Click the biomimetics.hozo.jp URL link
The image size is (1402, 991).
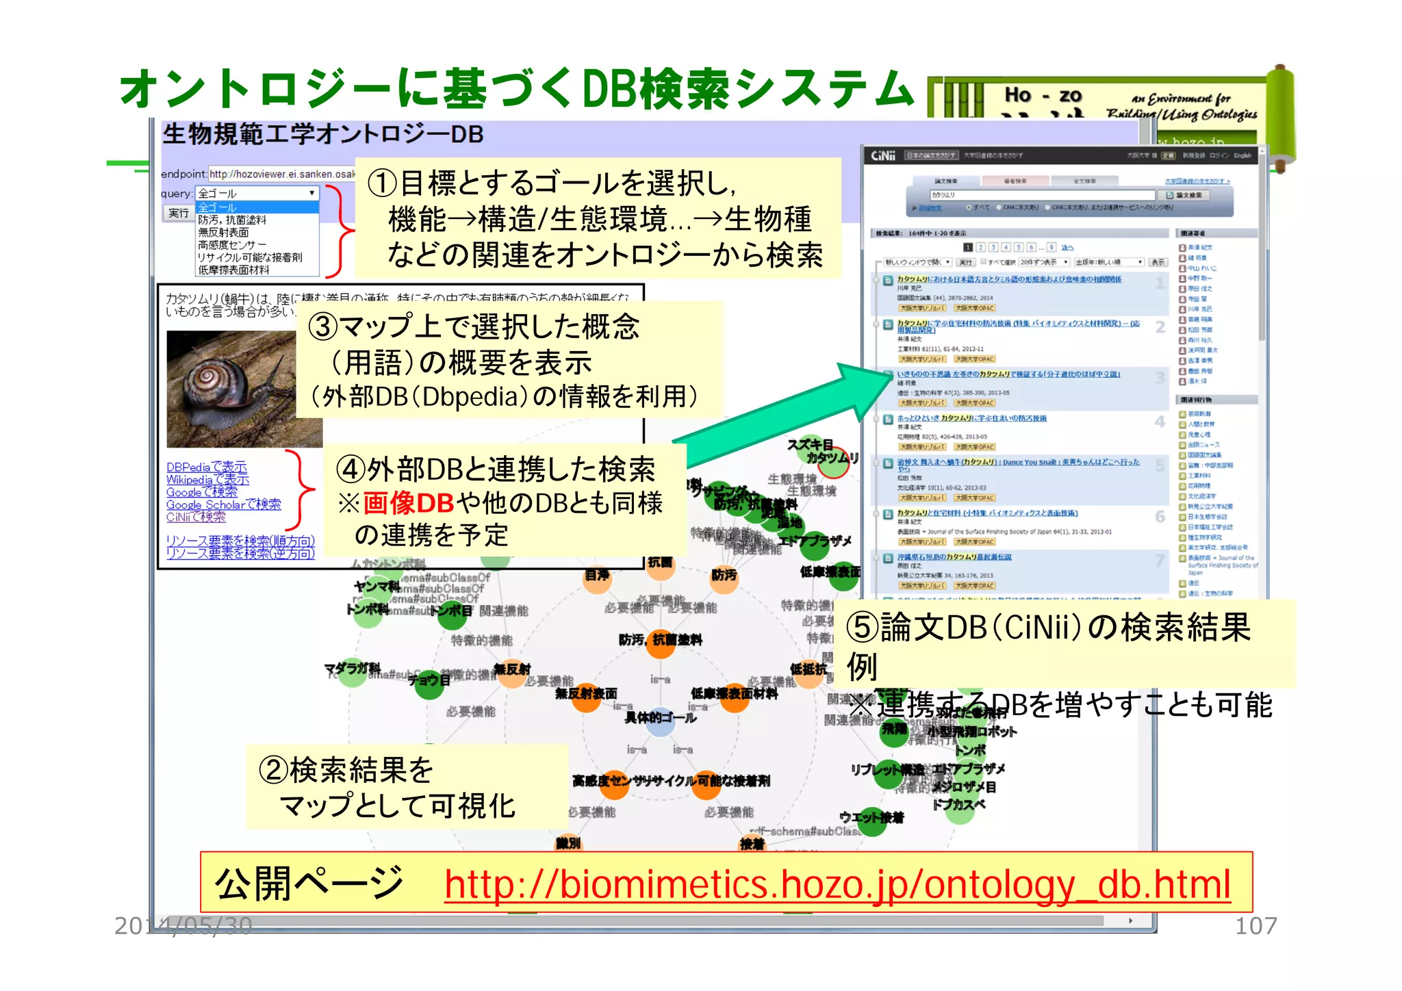(837, 885)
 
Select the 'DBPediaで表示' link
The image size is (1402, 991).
(206, 467)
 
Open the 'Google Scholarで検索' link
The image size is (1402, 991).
(223, 504)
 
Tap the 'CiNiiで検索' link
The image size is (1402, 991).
(196, 517)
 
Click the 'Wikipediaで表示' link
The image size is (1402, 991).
(207, 480)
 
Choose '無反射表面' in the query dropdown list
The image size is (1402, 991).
(223, 233)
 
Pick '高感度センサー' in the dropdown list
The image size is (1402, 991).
(231, 245)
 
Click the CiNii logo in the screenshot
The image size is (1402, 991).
(883, 156)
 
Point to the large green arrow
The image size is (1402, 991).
(787, 417)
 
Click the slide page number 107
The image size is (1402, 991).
(1255, 926)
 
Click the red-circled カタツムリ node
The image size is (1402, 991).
(834, 463)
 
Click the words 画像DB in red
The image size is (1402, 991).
(408, 503)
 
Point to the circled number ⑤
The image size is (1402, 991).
(863, 627)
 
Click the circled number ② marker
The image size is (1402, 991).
(272, 771)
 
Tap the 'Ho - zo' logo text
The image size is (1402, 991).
(1043, 96)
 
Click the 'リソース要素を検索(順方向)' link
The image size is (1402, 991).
(240, 541)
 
